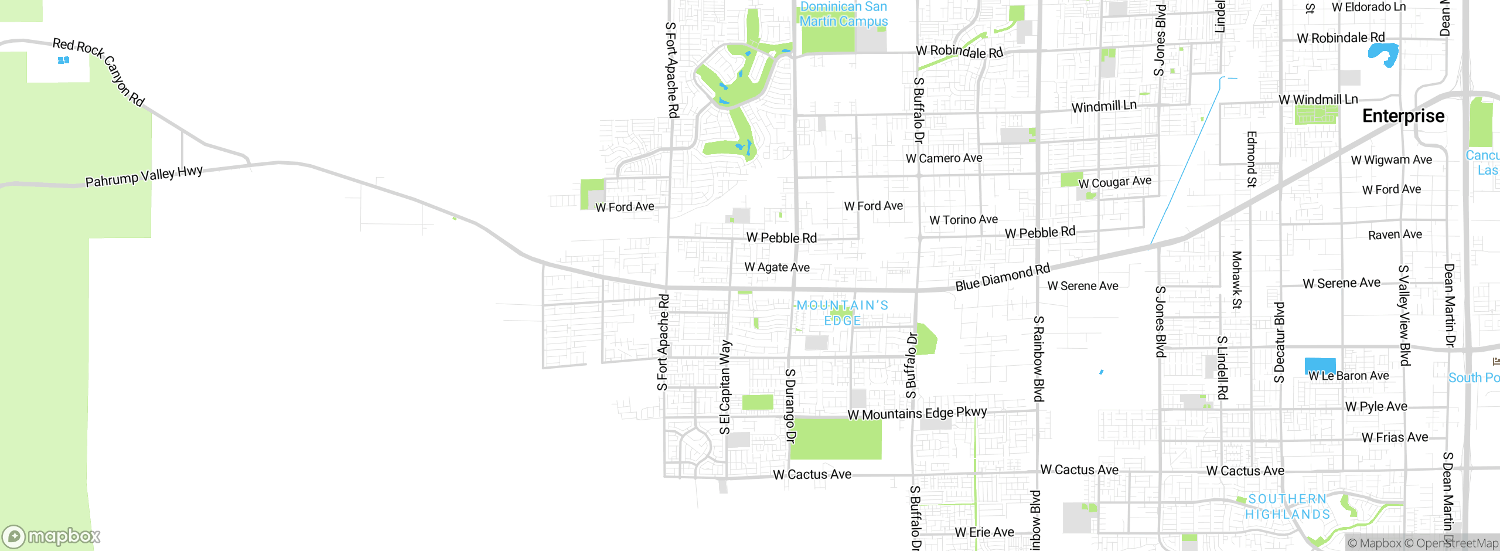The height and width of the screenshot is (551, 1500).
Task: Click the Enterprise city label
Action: click(x=1403, y=116)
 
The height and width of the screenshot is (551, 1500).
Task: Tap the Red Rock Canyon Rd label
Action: click(x=98, y=72)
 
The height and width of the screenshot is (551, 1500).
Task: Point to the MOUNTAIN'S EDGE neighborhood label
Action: click(x=843, y=313)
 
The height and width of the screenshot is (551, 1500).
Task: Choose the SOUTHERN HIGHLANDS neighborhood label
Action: click(x=1287, y=506)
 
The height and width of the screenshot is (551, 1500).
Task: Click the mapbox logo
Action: click(x=52, y=536)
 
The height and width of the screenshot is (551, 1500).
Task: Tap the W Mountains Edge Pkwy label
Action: click(x=917, y=413)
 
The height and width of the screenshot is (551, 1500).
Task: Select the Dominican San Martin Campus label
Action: click(x=843, y=14)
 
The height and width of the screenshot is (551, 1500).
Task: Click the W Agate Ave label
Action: click(x=777, y=267)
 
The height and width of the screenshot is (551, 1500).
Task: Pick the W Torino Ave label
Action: click(x=963, y=220)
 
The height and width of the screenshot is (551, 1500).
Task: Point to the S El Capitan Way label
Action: click(x=725, y=387)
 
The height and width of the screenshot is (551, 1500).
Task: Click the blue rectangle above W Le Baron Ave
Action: click(x=1320, y=365)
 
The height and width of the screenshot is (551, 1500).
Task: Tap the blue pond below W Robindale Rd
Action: click(x=1383, y=54)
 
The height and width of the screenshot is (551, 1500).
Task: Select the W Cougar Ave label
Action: click(x=1114, y=182)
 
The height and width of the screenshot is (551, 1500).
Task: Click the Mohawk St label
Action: click(x=1236, y=280)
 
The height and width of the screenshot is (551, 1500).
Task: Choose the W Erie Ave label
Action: click(x=984, y=532)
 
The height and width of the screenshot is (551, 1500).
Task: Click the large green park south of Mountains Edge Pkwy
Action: click(x=836, y=440)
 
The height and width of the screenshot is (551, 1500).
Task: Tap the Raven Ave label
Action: click(x=1395, y=235)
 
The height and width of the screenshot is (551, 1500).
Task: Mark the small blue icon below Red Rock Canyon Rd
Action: click(x=64, y=60)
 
